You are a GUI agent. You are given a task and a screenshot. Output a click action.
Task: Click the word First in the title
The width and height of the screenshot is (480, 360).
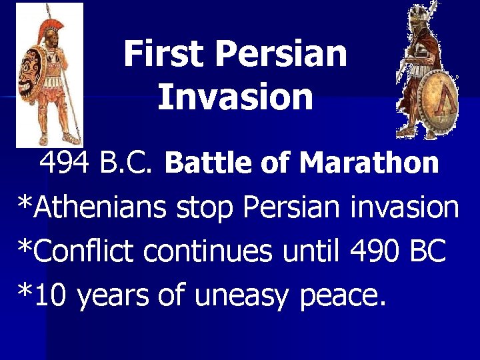155,54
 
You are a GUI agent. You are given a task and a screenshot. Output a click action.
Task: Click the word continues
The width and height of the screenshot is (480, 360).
207,251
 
